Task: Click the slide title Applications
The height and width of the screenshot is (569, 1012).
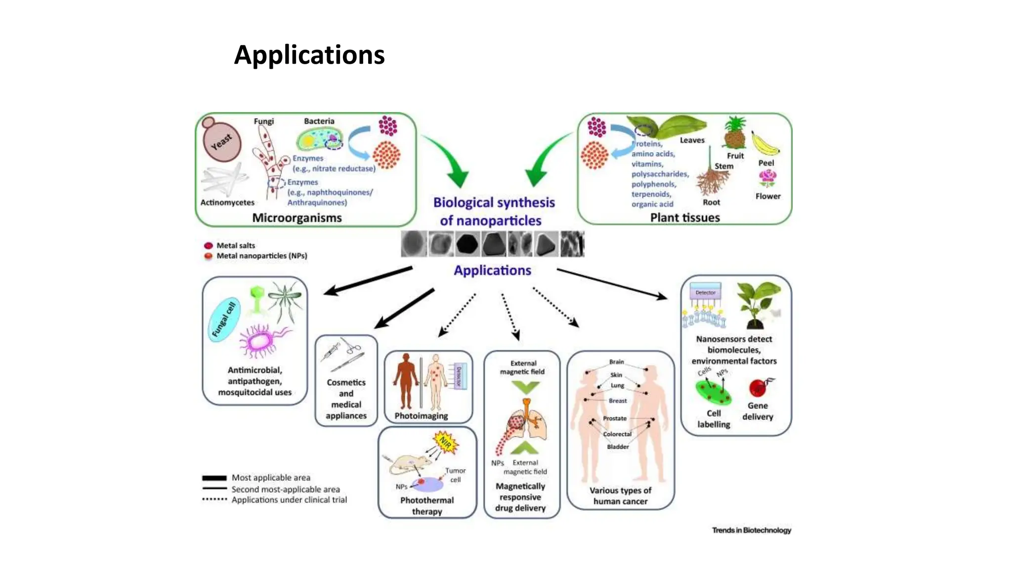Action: (x=309, y=55)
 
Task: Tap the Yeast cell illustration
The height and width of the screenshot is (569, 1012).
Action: (x=222, y=141)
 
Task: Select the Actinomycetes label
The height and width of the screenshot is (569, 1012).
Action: (x=227, y=203)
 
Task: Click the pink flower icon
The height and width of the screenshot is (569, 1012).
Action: (x=767, y=178)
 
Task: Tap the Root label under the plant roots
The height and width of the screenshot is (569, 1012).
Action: (x=711, y=203)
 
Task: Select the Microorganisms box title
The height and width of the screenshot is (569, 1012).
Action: (x=297, y=218)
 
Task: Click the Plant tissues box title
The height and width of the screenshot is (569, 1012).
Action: (x=685, y=218)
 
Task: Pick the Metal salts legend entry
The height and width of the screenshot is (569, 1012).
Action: (x=235, y=245)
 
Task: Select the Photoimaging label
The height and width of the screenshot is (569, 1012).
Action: (x=421, y=416)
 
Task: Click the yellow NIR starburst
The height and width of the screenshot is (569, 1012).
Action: (x=446, y=442)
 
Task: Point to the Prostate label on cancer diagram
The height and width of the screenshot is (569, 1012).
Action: (x=615, y=418)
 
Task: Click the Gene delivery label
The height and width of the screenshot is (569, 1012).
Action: (x=758, y=411)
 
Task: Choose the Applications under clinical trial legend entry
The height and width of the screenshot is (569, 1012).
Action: (x=289, y=500)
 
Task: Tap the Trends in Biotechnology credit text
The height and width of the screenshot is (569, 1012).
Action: (x=751, y=530)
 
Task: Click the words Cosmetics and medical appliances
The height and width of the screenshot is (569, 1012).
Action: (x=346, y=399)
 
